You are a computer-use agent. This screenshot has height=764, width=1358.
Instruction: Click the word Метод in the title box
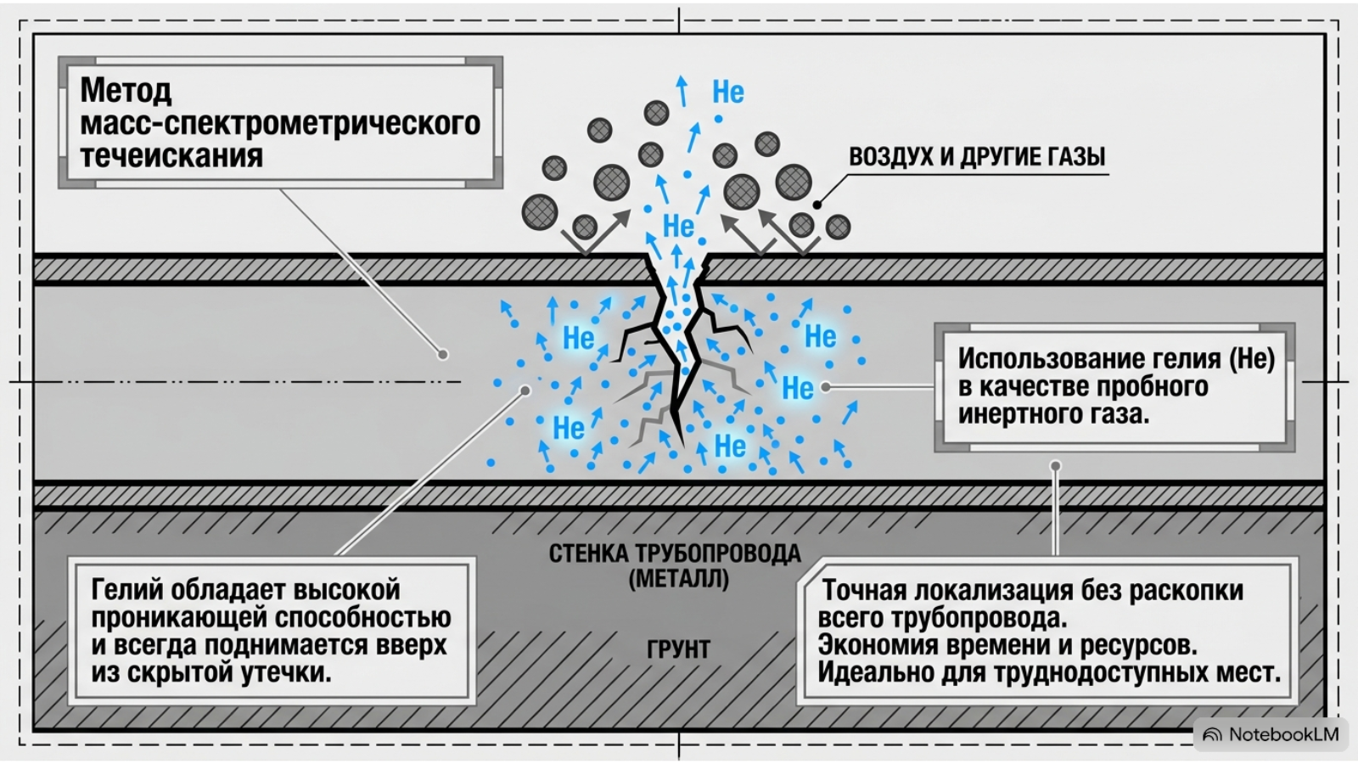coord(126,90)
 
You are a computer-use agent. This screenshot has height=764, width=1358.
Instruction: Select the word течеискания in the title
coord(171,155)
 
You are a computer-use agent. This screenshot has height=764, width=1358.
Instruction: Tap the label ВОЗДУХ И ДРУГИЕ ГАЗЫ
coord(977,156)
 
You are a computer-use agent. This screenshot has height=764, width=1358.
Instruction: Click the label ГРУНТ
coord(678,649)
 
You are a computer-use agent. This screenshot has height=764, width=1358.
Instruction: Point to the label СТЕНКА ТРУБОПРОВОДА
coord(675,553)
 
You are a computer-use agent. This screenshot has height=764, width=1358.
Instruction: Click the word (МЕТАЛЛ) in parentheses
coord(678,579)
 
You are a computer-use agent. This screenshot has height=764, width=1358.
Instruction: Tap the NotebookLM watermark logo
coord(1213,735)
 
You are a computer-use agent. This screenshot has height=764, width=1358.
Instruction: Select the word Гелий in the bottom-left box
coord(127,590)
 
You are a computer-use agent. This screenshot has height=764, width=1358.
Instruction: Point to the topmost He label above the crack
coord(728,93)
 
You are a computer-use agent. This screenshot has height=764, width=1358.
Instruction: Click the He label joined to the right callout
coord(798,388)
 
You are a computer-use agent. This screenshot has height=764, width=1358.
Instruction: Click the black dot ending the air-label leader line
coord(817,205)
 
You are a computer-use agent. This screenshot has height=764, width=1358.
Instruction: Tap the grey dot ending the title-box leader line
coord(443,354)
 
